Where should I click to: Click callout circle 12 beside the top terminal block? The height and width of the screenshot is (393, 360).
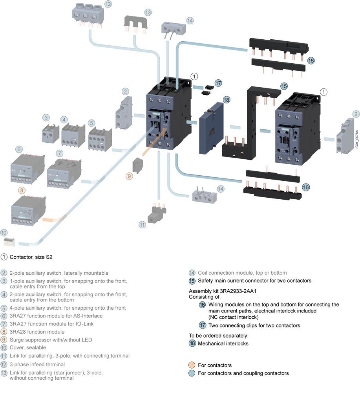point(108,5)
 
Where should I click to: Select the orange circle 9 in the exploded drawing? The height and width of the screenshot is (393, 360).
point(129,176)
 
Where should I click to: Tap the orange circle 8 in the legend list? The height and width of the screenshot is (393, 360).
point(4,332)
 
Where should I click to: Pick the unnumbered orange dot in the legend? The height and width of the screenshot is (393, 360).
point(192,364)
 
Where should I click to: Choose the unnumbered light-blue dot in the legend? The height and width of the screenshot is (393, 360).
point(192,373)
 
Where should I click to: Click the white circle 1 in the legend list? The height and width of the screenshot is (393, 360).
point(4,257)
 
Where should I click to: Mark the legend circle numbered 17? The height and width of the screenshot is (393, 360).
point(203,325)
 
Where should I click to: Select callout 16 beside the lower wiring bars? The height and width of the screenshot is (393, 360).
point(306,187)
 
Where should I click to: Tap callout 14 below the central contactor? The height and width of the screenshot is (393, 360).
point(221,189)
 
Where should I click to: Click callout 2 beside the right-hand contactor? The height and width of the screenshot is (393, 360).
point(356,114)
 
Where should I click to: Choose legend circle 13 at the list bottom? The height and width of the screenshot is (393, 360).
point(4,373)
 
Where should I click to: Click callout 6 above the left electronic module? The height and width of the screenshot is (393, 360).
point(18,149)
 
